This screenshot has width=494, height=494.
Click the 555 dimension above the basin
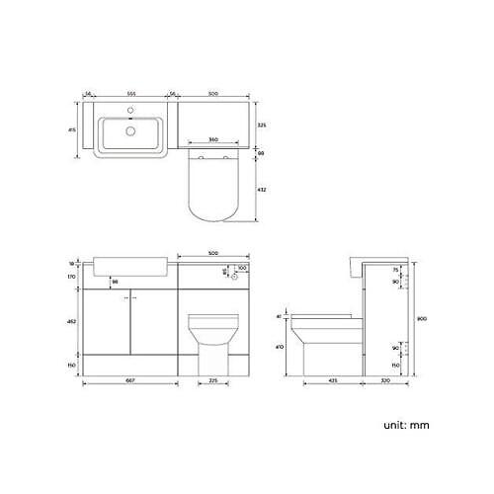click(x=130, y=93)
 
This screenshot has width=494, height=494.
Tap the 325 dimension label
click(x=260, y=125)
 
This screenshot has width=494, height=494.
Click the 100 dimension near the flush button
click(x=244, y=267)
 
